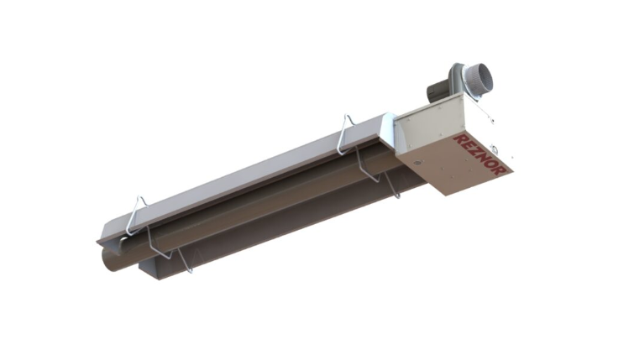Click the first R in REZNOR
click(x=458, y=138)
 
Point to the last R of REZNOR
click(x=502, y=165)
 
